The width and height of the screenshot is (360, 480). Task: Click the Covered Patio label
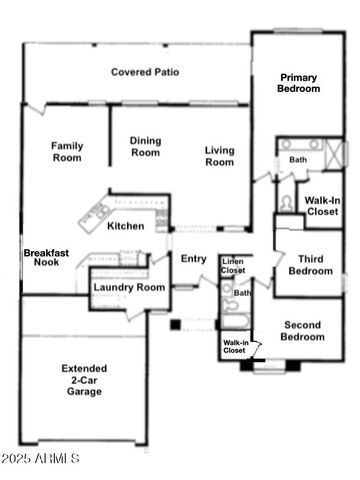(x=145, y=72)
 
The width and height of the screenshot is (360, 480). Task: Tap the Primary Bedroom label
(x=300, y=83)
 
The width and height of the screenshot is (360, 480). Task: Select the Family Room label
(x=67, y=151)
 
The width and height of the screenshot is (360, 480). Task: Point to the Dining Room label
(x=145, y=147)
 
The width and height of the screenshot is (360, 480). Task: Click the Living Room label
(x=220, y=157)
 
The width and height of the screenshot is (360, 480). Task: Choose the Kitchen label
(x=126, y=226)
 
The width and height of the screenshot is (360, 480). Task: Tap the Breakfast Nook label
(x=46, y=259)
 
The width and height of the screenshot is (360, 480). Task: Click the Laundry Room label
(x=128, y=288)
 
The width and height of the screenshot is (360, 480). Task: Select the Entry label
(x=193, y=259)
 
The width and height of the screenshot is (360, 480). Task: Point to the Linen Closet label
(x=233, y=265)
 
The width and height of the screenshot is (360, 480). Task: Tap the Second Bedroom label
(x=303, y=331)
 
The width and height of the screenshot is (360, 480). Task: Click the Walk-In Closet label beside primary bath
(x=322, y=206)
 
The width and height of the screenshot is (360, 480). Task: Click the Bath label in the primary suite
(x=298, y=160)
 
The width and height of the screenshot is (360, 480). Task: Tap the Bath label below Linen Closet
(x=242, y=293)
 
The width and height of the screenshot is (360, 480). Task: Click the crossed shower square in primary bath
(x=335, y=157)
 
